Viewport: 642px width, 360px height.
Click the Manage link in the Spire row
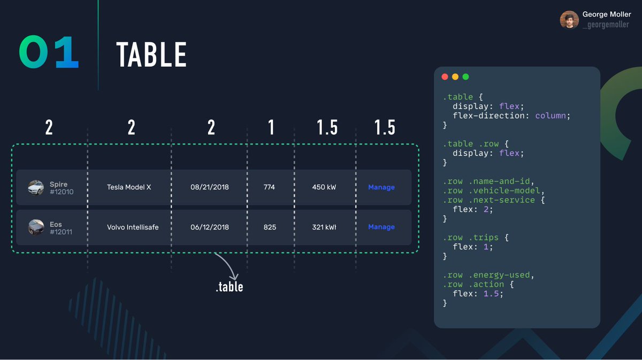click(381, 187)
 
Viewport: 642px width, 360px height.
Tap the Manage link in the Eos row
click(381, 227)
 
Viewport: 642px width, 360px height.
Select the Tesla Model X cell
click(129, 187)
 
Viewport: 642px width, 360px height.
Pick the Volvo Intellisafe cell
click(133, 227)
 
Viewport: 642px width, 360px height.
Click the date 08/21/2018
click(209, 187)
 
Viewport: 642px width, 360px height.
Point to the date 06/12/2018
click(209, 227)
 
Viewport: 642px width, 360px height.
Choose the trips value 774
click(270, 187)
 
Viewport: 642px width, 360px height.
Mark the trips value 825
click(270, 227)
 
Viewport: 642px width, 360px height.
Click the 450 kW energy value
click(324, 187)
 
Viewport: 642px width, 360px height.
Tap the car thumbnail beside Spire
click(36, 187)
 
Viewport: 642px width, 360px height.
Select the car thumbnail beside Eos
click(36, 227)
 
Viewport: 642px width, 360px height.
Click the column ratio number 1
click(271, 128)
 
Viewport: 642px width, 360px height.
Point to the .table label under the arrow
click(230, 287)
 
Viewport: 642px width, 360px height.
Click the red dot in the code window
click(445, 77)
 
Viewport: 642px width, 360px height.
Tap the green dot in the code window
click(465, 77)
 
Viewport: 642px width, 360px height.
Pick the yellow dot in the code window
click(455, 77)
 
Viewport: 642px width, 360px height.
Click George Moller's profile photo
click(569, 20)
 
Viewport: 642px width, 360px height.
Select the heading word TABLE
click(151, 55)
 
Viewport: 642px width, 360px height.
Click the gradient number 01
click(49, 53)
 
